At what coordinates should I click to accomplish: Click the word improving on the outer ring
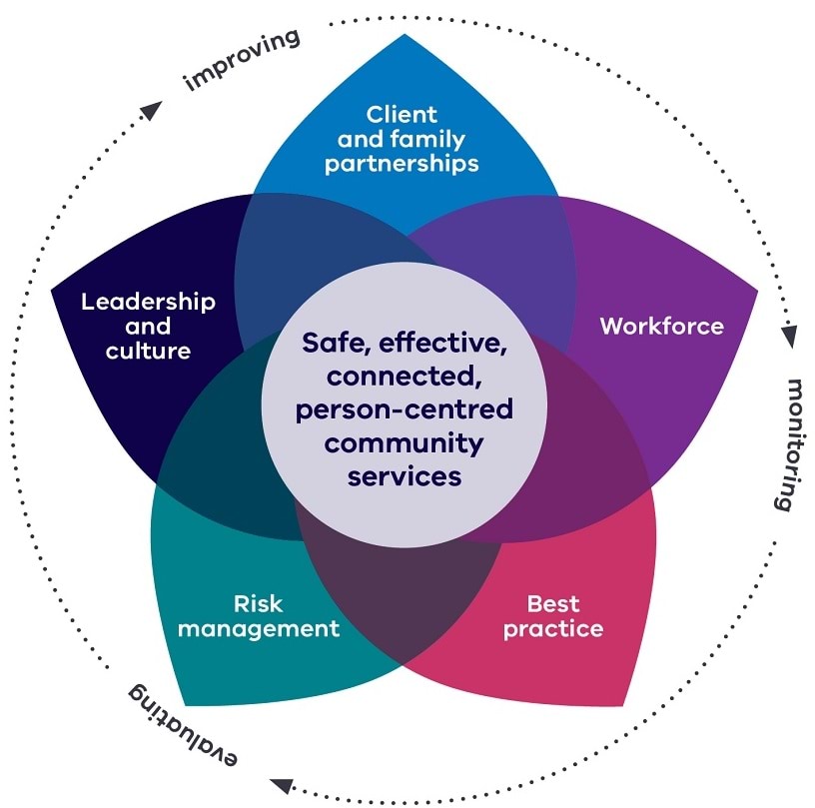(x=243, y=61)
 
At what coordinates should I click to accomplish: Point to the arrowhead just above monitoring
(x=789, y=336)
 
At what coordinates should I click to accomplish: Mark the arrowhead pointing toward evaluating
(x=283, y=785)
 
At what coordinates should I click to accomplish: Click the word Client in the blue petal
(x=402, y=115)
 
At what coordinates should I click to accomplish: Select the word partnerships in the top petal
(x=402, y=163)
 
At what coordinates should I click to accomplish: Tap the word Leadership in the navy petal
(x=148, y=302)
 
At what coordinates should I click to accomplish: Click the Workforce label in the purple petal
(x=661, y=326)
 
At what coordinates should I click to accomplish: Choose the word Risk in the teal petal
(x=258, y=603)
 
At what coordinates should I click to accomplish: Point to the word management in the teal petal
(x=259, y=628)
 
